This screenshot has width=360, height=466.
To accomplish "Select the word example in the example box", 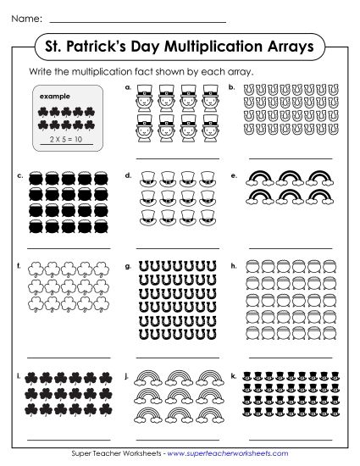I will [x=54, y=97].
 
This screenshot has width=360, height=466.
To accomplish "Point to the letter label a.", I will [x=126, y=86].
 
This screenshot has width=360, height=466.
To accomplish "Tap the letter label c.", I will [x=19, y=175].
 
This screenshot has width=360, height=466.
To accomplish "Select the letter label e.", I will [x=233, y=175].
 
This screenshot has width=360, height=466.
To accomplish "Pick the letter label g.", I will [x=126, y=265].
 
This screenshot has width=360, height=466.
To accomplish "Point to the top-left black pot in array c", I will [x=37, y=180].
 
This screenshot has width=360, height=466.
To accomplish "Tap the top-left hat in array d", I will [x=149, y=180].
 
